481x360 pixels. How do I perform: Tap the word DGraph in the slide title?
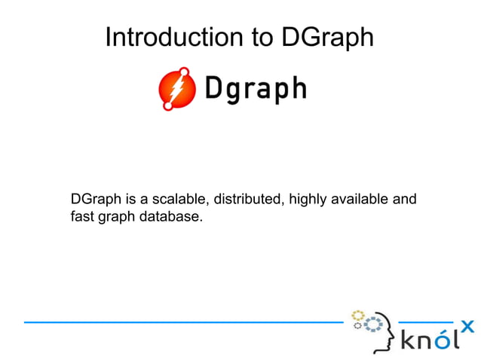tap(327, 38)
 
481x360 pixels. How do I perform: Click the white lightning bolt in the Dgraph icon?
tap(176, 90)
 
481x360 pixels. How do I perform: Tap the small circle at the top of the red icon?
tap(185, 72)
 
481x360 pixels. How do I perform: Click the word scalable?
tap(181, 200)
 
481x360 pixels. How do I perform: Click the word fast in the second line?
tap(81, 218)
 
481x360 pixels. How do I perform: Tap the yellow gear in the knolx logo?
tap(358, 315)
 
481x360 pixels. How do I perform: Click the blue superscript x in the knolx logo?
tap(467, 326)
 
